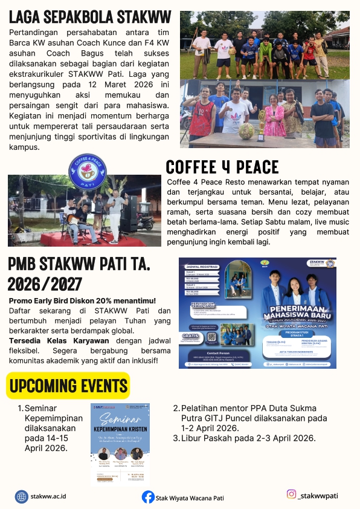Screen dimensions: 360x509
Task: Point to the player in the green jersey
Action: click(265, 51)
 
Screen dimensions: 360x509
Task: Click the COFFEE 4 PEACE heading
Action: click(222, 167)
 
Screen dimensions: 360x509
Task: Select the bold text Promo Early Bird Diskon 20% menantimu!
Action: click(83, 300)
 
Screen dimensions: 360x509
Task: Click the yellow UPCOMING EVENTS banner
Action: click(68, 385)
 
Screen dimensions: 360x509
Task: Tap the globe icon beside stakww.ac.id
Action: click(22, 496)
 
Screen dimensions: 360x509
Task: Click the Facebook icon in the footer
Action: click(148, 497)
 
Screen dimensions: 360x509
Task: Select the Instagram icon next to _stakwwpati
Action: click(292, 494)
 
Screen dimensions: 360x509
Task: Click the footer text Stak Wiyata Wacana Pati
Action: click(190, 498)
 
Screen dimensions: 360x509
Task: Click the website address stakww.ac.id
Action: click(48, 496)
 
